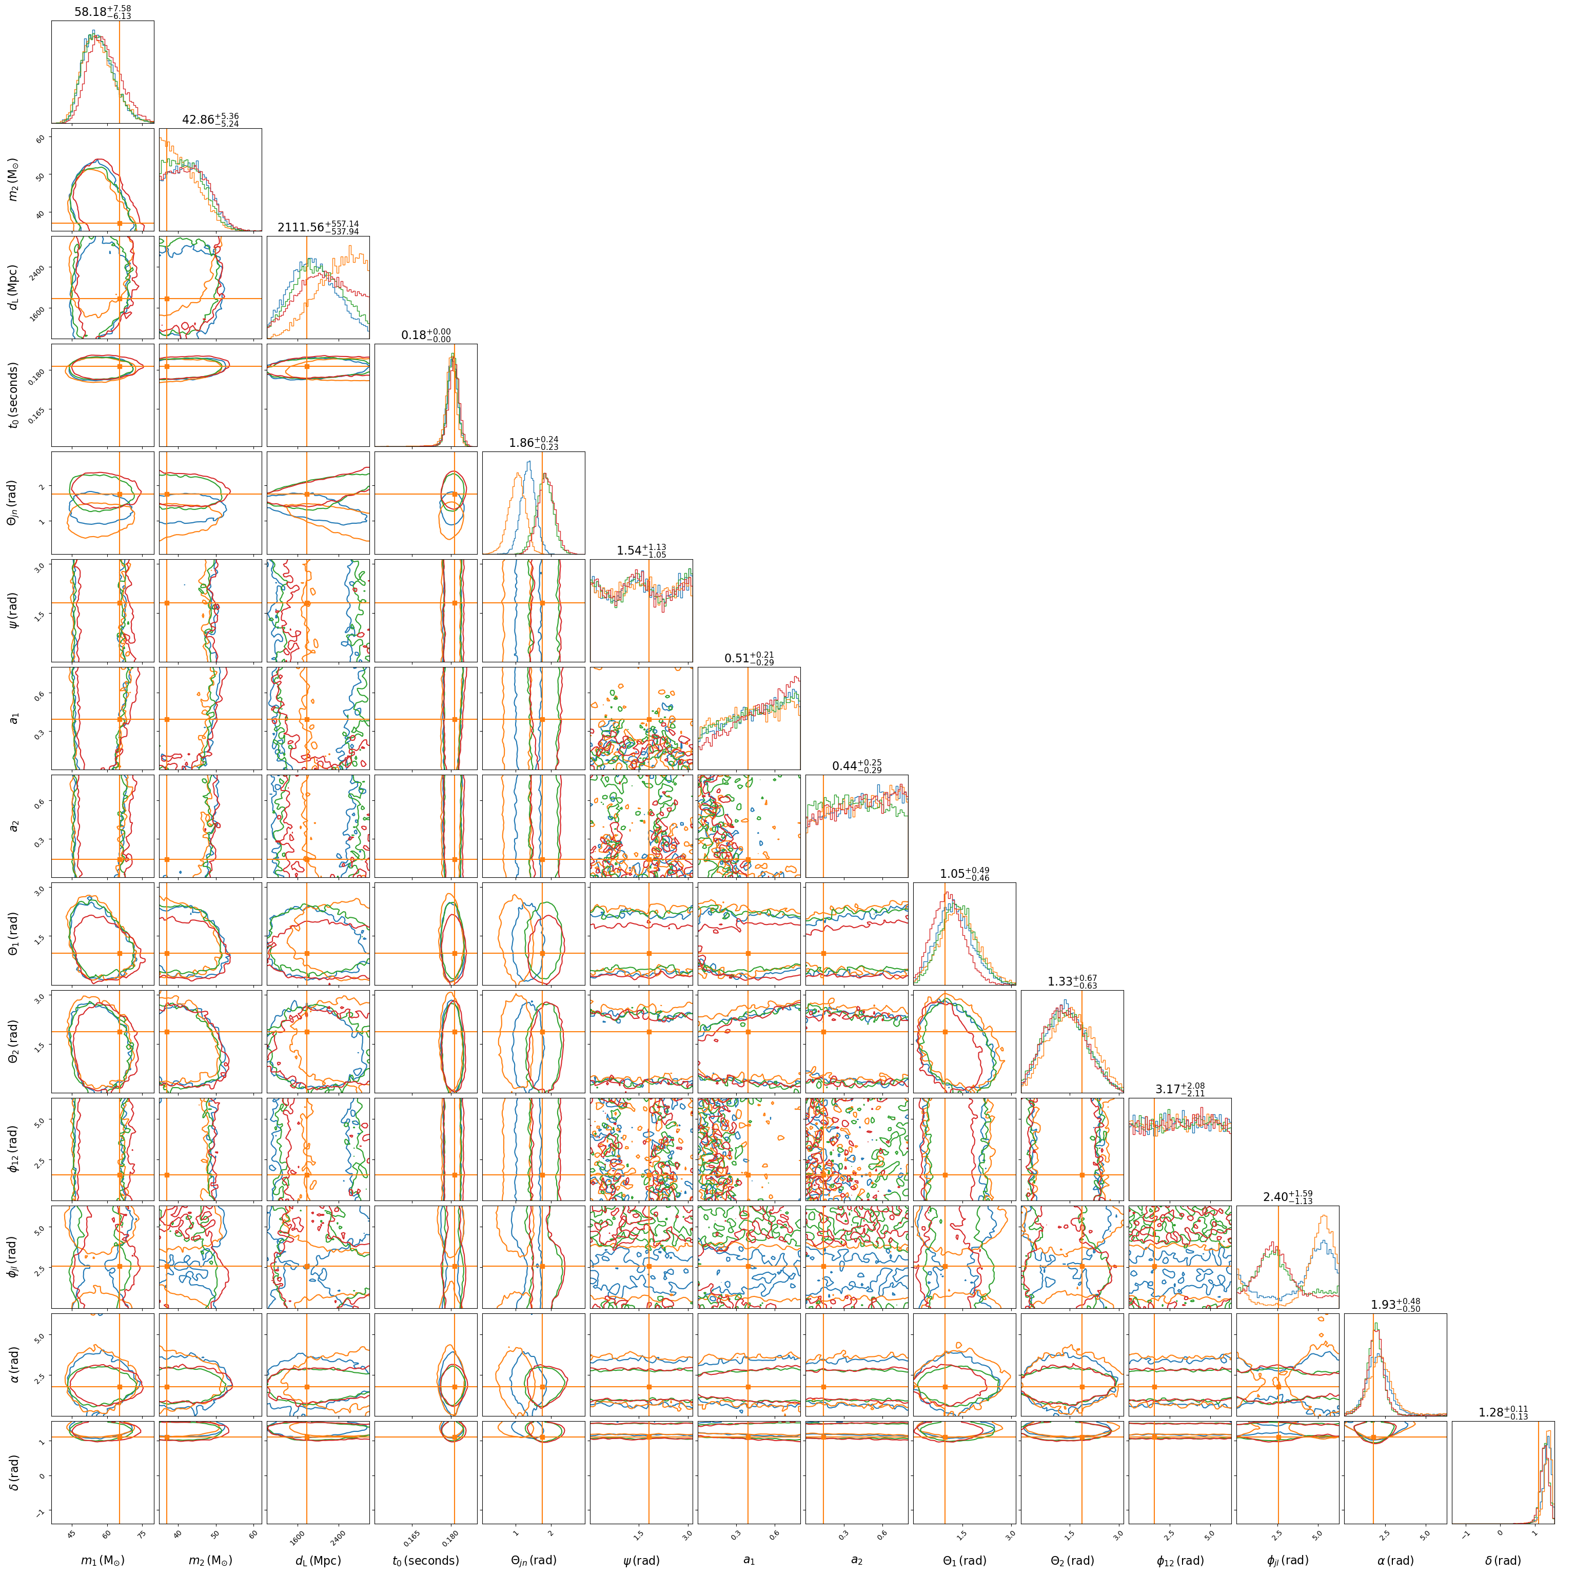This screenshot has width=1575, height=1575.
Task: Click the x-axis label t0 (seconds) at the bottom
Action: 425,1560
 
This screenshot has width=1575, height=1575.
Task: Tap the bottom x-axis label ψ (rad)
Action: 641,1560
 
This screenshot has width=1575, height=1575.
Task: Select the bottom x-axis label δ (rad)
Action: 1503,1560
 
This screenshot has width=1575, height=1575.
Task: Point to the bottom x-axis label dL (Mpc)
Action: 318,1560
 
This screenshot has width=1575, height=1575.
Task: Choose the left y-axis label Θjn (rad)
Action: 14,502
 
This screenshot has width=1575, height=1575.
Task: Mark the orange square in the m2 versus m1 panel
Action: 120,223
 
